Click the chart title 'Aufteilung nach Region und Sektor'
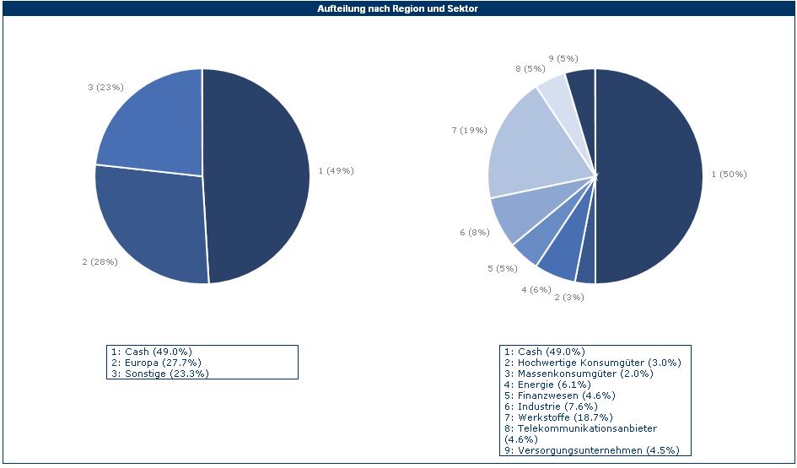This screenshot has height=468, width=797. pyautogui.click(x=398, y=8)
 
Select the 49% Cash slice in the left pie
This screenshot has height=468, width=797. pyautogui.click(x=257, y=173)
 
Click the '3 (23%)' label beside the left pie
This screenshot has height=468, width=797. pyautogui.click(x=105, y=87)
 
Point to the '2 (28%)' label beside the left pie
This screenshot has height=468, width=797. pyautogui.click(x=100, y=261)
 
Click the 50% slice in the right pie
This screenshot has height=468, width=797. pyautogui.click(x=649, y=177)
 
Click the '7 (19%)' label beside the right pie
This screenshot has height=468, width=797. pyautogui.click(x=468, y=130)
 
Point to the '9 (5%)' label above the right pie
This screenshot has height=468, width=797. pyautogui.click(x=563, y=58)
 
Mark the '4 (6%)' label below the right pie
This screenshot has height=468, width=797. pyautogui.click(x=536, y=289)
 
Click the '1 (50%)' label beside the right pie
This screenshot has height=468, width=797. pyautogui.click(x=729, y=174)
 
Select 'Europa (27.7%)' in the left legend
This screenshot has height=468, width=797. pyautogui.click(x=155, y=362)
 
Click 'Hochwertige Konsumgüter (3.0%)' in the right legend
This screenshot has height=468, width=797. pyautogui.click(x=591, y=363)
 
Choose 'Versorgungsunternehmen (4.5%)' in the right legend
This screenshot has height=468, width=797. pyautogui.click(x=591, y=450)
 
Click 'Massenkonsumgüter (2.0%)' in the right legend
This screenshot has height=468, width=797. pyautogui.click(x=577, y=374)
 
